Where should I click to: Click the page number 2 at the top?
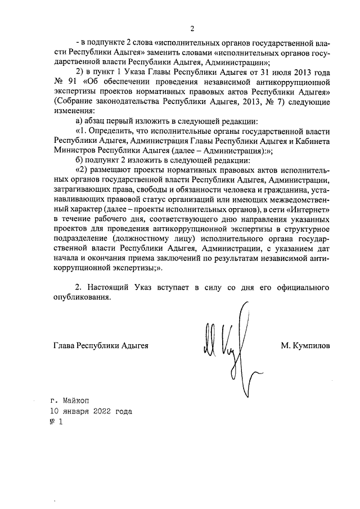point(192,29)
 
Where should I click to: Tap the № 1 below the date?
point(56,422)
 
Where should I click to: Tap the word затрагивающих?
point(80,190)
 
